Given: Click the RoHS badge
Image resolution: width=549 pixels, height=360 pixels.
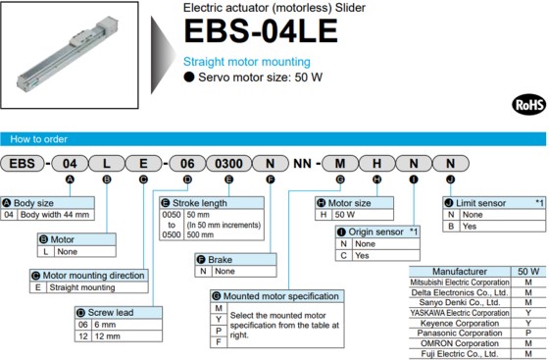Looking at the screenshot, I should coord(527,104).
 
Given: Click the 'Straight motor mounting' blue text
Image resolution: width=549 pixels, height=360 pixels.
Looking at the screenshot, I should coord(248,61).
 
